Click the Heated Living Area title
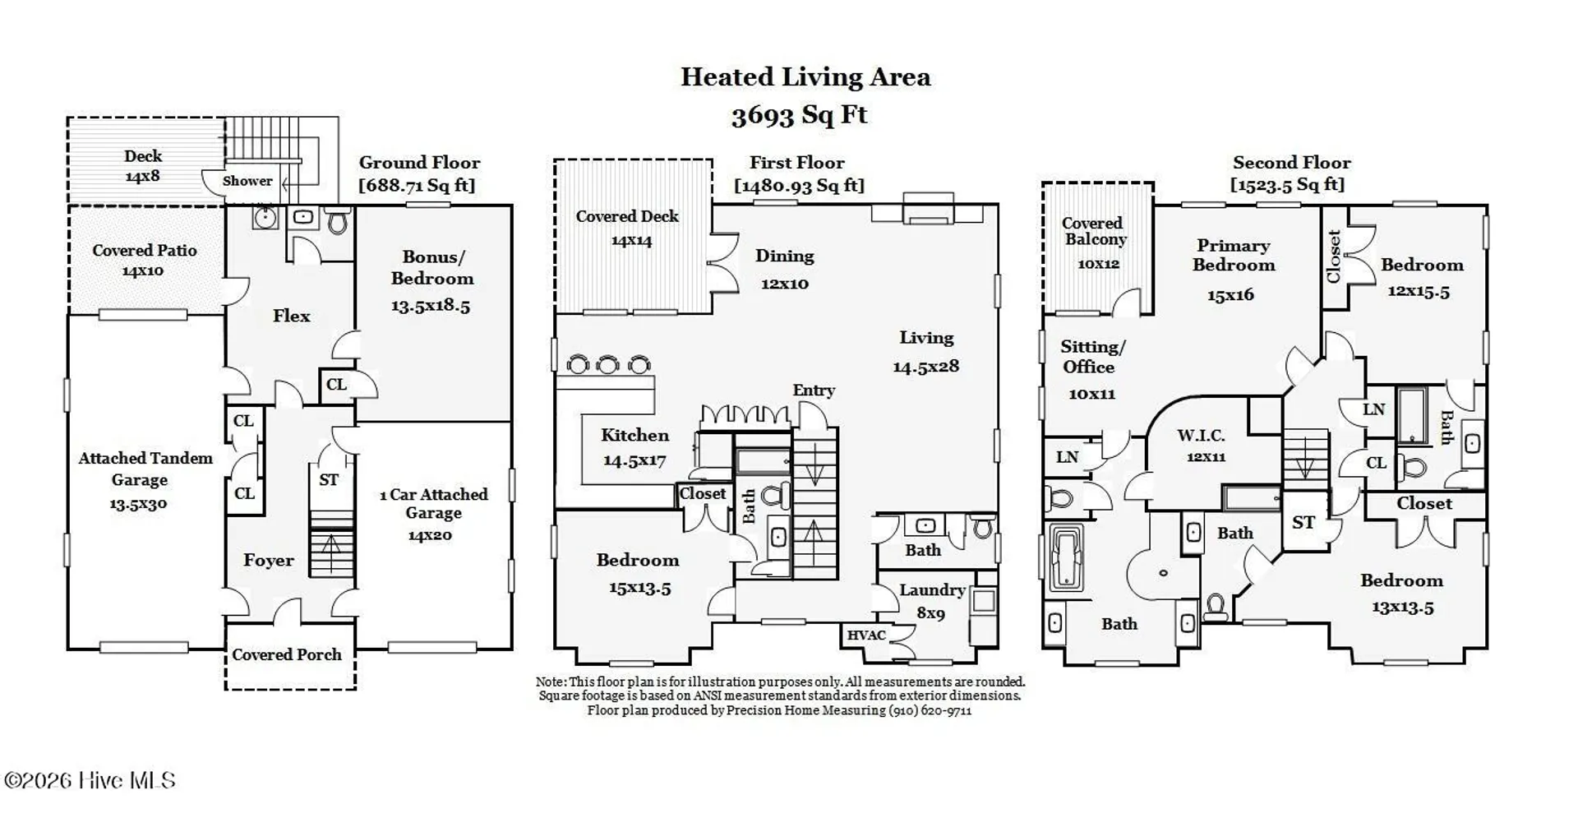[805, 77]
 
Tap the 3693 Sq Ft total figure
[799, 115]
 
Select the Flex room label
[292, 316]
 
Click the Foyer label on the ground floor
[269, 561]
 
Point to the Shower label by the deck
[247, 181]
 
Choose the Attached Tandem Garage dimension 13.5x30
[138, 504]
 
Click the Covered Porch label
[287, 655]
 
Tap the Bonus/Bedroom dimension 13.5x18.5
[431, 307]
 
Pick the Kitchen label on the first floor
[634, 436]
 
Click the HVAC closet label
[866, 635]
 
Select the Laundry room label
[932, 590]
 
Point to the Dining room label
[785, 256]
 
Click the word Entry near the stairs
[814, 391]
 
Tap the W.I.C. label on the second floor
[1201, 436]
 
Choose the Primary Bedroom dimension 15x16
[1230, 295]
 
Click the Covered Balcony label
[1094, 231]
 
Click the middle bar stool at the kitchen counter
[608, 364]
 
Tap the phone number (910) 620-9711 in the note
[930, 710]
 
